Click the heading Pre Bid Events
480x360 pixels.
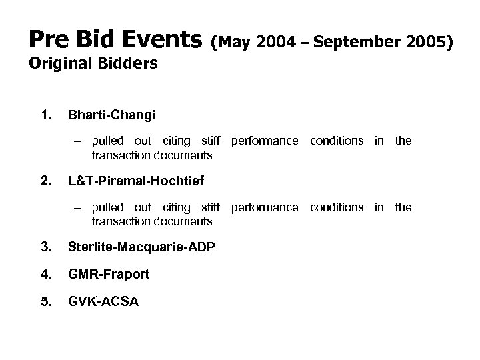tap(115, 41)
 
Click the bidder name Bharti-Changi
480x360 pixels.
tap(111, 115)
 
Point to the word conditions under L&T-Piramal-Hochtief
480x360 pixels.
tap(337, 207)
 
